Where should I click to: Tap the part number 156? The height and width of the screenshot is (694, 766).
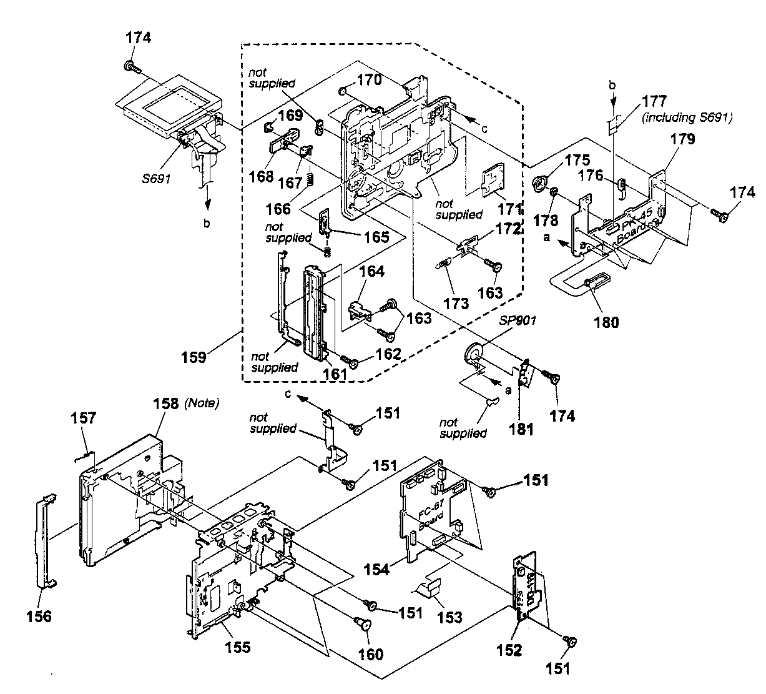coord(39,617)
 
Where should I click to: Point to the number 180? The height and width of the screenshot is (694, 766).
coord(607,322)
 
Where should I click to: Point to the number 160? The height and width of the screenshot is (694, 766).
coord(370,654)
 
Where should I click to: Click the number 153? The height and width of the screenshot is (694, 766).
coord(449,617)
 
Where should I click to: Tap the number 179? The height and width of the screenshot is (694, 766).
coord(682,140)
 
